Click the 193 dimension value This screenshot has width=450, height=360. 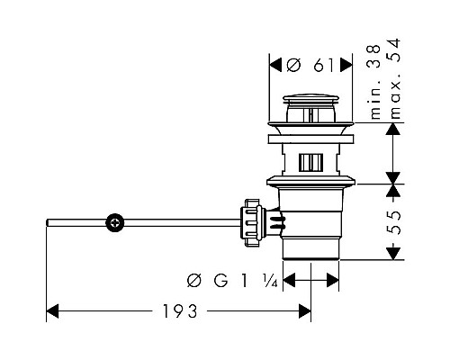point(180,311)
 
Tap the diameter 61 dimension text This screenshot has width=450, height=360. point(310,65)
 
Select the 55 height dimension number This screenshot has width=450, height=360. point(393,222)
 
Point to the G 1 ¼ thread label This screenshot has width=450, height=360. point(232,281)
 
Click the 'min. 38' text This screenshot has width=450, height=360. point(375,82)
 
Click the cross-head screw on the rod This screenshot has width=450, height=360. point(115,223)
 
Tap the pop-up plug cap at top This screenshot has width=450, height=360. point(311,99)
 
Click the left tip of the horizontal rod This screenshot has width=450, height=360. point(47,223)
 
